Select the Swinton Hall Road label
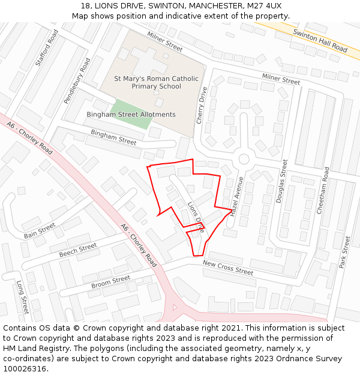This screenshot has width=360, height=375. pos(320,40)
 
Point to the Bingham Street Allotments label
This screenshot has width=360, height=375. pos(131,115)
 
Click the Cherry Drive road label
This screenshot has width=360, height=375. pos(202,106)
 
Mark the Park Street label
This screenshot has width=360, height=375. pos(345,252)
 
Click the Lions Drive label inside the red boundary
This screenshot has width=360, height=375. pos(196,217)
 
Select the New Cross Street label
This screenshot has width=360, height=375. pos(228,268)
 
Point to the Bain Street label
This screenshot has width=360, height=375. pos(40,231)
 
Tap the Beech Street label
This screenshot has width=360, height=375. pos(78,250)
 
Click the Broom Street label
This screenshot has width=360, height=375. pos(110,281)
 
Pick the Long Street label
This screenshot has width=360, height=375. pos(22,297)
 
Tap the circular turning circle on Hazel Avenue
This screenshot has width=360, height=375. pos(244,159)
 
